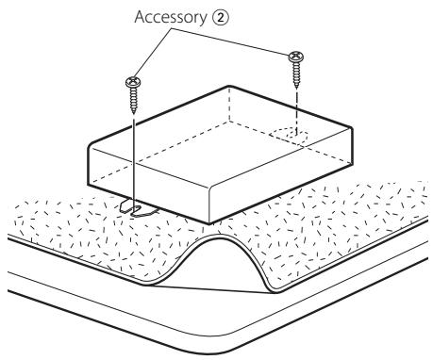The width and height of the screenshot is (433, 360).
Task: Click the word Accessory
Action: [x=170, y=18]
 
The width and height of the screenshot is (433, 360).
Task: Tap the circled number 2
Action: [x=221, y=18]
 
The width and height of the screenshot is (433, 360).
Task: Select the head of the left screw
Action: [x=133, y=83]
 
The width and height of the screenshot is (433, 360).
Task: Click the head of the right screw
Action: [x=296, y=57]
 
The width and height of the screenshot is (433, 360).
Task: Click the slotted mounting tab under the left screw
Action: [x=139, y=208]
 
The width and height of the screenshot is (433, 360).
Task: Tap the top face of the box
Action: [x=220, y=138]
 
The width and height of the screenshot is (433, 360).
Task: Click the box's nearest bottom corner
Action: [x=209, y=223]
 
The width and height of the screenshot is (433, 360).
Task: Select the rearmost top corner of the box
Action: [x=229, y=86]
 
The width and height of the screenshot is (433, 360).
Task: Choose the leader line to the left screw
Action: [x=153, y=54]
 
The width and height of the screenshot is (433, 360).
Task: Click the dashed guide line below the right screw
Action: [x=296, y=111]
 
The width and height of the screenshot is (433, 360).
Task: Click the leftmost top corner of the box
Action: [x=90, y=145]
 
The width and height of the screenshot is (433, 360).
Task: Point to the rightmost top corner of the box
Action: [x=352, y=127]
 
